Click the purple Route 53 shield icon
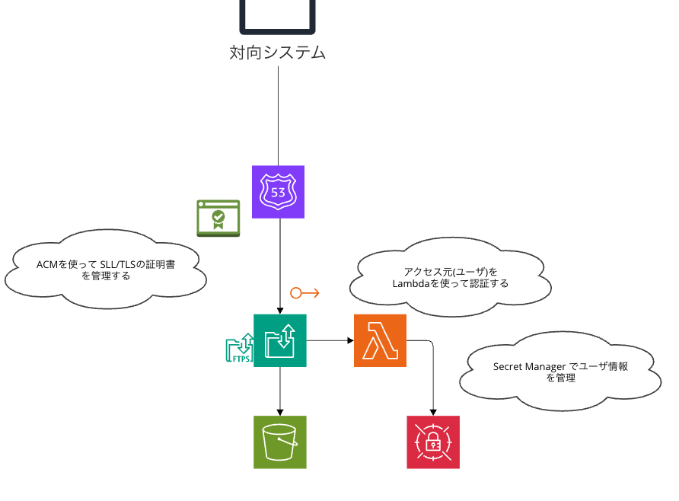[x=278, y=192]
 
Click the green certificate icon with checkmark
[x=218, y=218]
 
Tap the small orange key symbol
[x=304, y=293]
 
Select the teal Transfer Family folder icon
[x=280, y=340]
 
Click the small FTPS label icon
[x=239, y=349]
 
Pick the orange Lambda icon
[x=380, y=340]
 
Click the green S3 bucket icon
[x=280, y=442]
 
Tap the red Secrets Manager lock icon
[x=433, y=442]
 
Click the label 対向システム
[x=278, y=53]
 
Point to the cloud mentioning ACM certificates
[x=106, y=270]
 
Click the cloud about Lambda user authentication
[x=450, y=277]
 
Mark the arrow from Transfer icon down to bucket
[x=280, y=391]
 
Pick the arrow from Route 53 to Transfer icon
[x=280, y=266]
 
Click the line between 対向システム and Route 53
[x=278, y=114]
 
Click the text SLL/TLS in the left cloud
[x=120, y=264]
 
